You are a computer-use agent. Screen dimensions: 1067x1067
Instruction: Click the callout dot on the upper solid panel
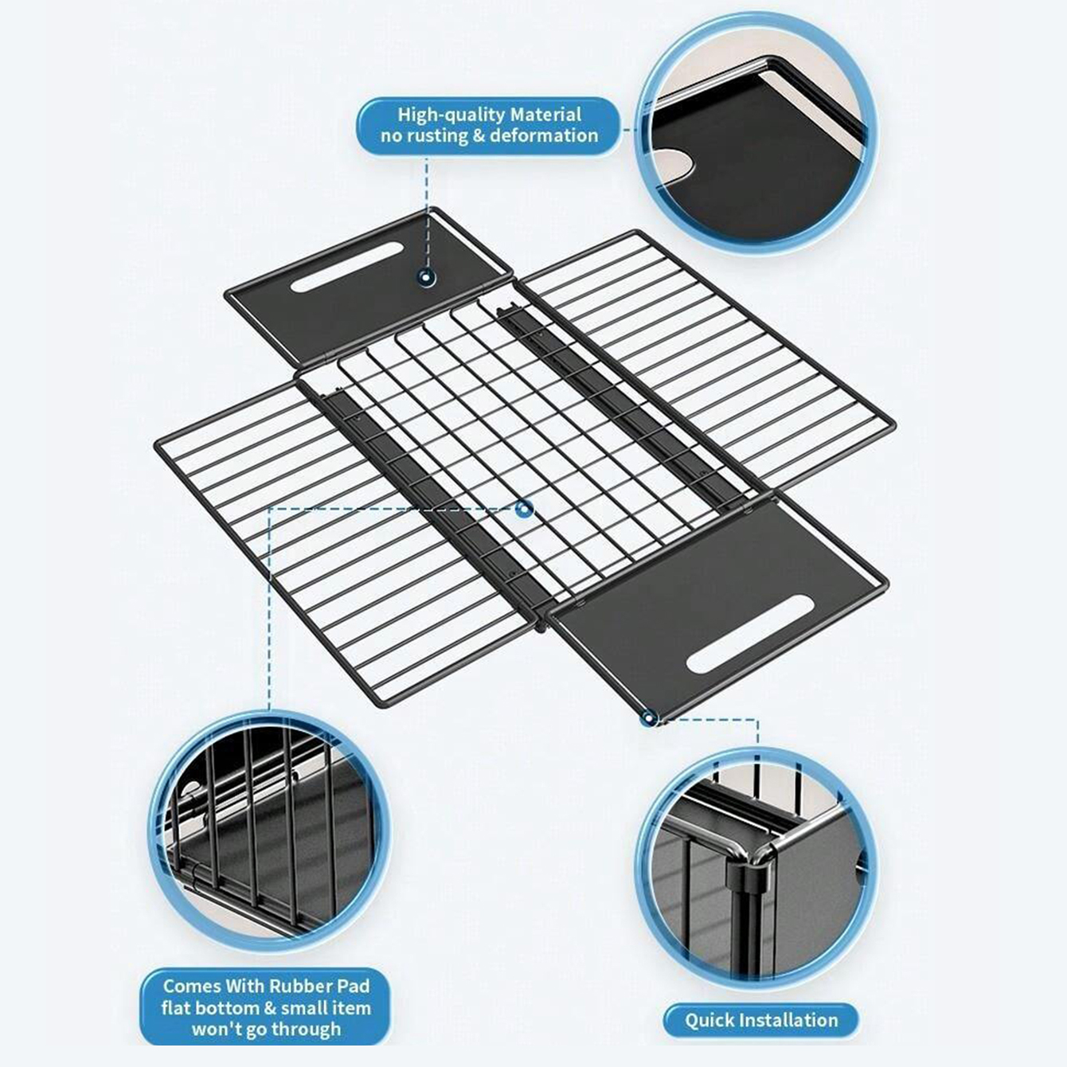[426, 277]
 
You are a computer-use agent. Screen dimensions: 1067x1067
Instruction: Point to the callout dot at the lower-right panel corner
[648, 719]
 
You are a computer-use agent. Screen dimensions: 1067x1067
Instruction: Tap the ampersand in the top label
[478, 136]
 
